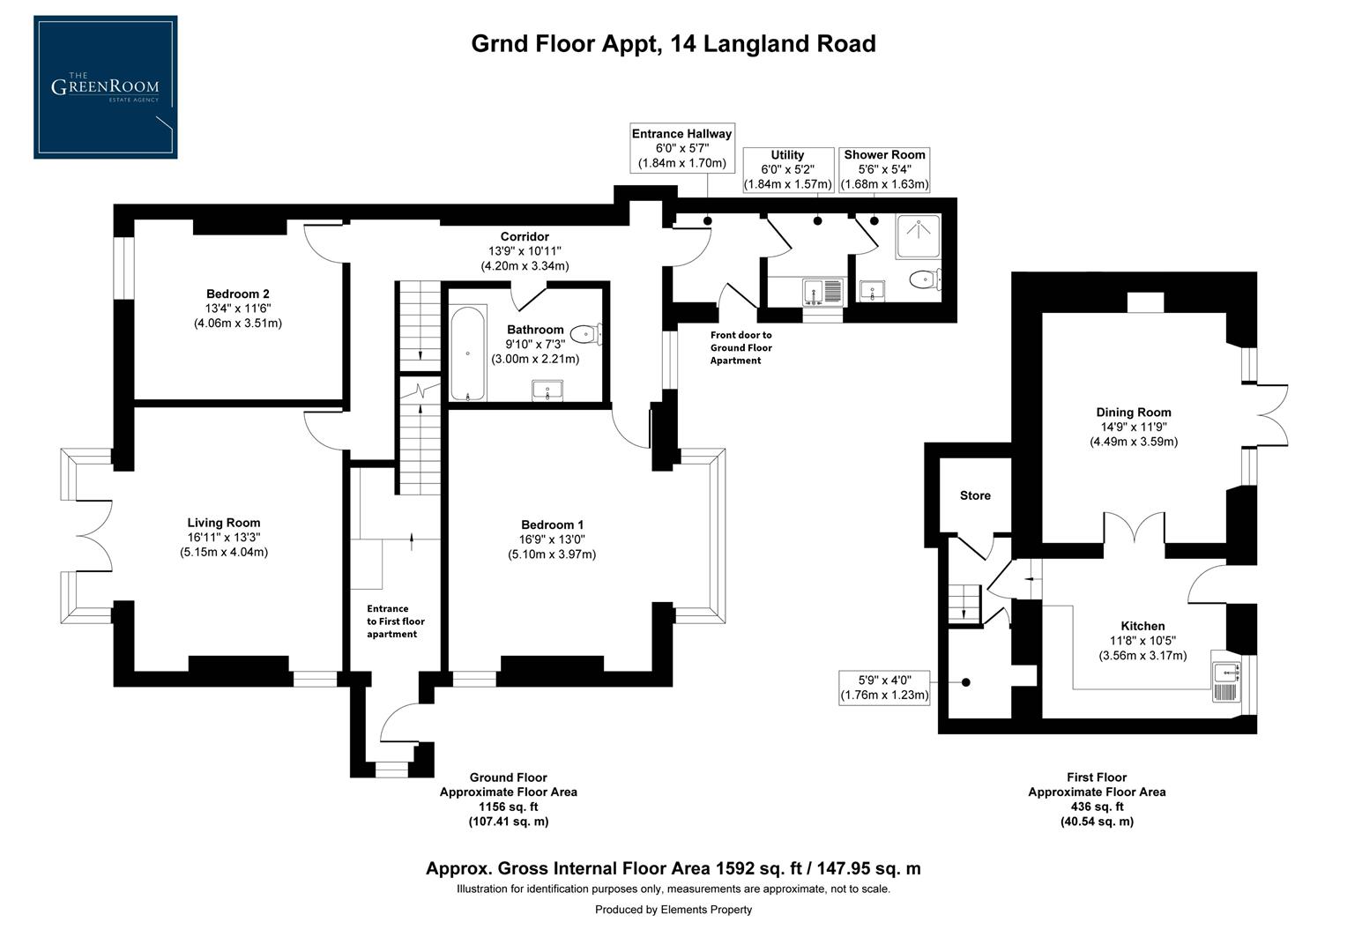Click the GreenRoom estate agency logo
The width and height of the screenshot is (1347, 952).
tap(105, 87)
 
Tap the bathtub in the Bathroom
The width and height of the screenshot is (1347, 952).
tap(467, 353)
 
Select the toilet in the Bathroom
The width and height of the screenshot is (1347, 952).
tap(584, 334)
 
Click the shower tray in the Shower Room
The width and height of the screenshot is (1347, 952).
tap(919, 236)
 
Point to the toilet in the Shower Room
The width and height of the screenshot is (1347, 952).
tap(924, 280)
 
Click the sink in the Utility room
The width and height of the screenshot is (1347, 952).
tap(812, 290)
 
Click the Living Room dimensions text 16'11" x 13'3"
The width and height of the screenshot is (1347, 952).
tap(223, 537)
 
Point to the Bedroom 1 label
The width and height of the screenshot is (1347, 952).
tap(552, 524)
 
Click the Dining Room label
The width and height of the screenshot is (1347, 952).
tap(1133, 413)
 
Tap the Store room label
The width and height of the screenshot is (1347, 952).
tap(975, 495)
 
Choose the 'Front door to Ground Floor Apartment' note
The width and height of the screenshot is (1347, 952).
tap(740, 347)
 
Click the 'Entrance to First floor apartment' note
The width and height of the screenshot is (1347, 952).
tap(394, 621)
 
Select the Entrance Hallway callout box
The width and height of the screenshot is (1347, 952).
tap(681, 148)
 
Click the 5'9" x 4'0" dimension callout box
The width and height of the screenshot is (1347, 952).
tap(884, 687)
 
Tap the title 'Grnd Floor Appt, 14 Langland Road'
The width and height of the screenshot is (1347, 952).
tap(673, 43)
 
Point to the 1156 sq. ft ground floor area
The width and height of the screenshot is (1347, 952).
tap(508, 807)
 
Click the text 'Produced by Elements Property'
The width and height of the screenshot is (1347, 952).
tap(673, 910)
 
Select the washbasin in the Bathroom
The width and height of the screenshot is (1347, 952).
tap(549, 390)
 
